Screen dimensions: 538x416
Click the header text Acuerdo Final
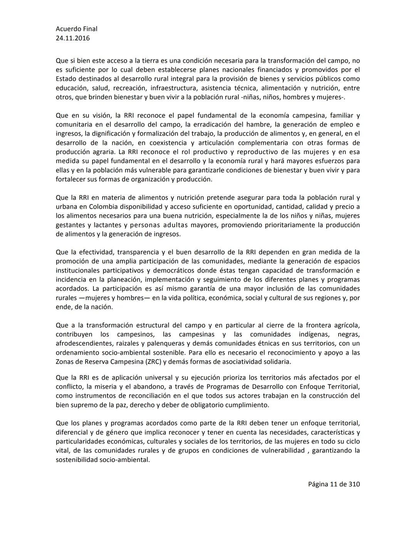click(76, 29)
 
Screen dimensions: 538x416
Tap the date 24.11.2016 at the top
click(73, 38)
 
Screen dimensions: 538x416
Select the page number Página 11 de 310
click(334, 484)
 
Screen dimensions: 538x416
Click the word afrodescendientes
click(83, 344)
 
